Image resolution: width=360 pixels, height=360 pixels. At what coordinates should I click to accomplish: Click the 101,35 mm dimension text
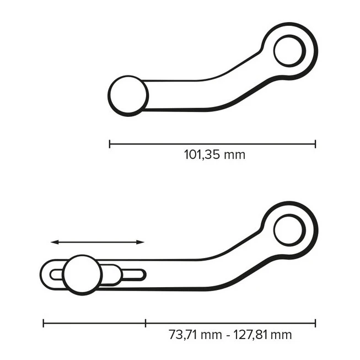tap(214, 154)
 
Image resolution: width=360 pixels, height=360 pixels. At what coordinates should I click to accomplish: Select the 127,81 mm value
tap(261, 335)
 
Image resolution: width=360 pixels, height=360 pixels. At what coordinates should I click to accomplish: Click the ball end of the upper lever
tap(128, 95)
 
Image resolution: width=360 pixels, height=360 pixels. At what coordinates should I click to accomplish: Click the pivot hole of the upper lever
tap(290, 50)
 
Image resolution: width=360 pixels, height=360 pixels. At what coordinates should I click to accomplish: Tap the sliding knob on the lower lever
tap(82, 275)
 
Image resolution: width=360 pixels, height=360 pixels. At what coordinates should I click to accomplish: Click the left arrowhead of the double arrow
tap(53, 242)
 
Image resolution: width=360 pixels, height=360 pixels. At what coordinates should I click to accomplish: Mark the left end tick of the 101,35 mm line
tap(110, 144)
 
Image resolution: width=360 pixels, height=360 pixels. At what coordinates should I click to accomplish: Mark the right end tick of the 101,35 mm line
tap(316, 144)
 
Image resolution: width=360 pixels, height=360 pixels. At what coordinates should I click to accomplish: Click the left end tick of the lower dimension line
tap(43, 323)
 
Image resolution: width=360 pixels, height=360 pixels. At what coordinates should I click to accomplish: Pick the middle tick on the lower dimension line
tap(146, 323)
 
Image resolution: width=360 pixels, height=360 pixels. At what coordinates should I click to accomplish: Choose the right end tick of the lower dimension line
tap(316, 323)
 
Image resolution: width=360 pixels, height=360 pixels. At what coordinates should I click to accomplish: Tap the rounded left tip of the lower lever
tap(44, 274)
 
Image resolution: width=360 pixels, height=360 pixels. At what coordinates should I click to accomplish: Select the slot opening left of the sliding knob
tap(56, 274)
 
